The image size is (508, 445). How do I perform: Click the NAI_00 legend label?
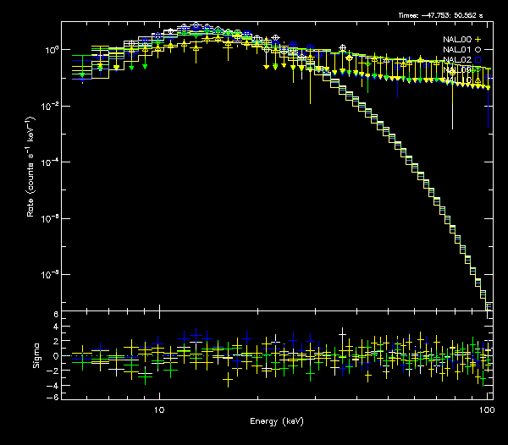[457, 39]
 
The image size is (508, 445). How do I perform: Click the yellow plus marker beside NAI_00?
[478, 39]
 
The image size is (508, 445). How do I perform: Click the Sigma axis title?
[36, 355]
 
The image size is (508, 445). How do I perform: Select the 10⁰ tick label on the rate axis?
[51, 50]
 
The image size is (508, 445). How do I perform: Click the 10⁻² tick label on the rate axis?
[51, 106]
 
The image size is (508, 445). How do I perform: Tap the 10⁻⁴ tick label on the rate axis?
[51, 162]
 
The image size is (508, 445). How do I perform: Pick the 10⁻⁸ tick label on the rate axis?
[51, 274]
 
